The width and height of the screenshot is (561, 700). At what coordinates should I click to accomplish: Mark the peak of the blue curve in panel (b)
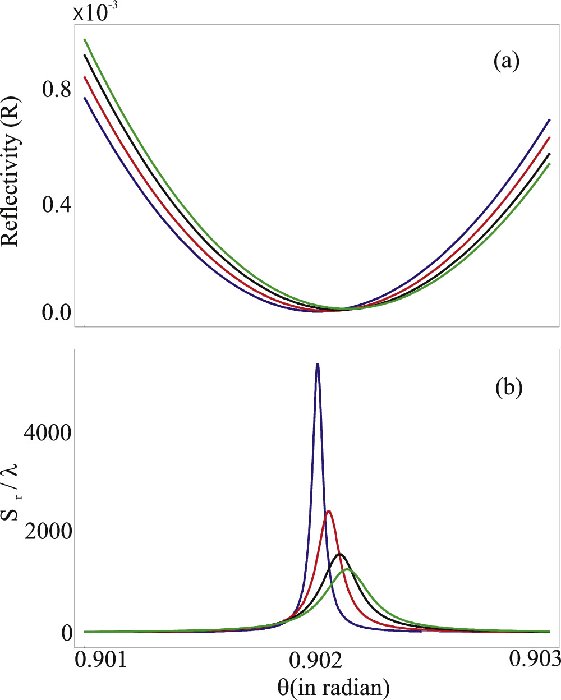(x=318, y=364)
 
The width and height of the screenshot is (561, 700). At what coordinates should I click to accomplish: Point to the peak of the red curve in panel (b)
(x=329, y=511)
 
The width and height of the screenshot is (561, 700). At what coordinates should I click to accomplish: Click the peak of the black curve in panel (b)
(x=340, y=554)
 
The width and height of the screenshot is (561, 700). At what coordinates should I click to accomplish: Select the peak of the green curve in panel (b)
(x=348, y=569)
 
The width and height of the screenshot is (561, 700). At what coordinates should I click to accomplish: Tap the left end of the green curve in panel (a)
(x=85, y=39)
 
